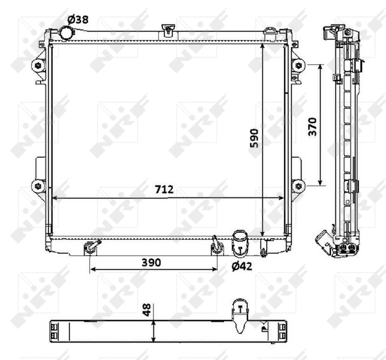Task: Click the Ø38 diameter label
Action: (78, 19)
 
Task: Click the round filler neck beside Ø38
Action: (66, 33)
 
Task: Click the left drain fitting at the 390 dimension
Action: (91, 245)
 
